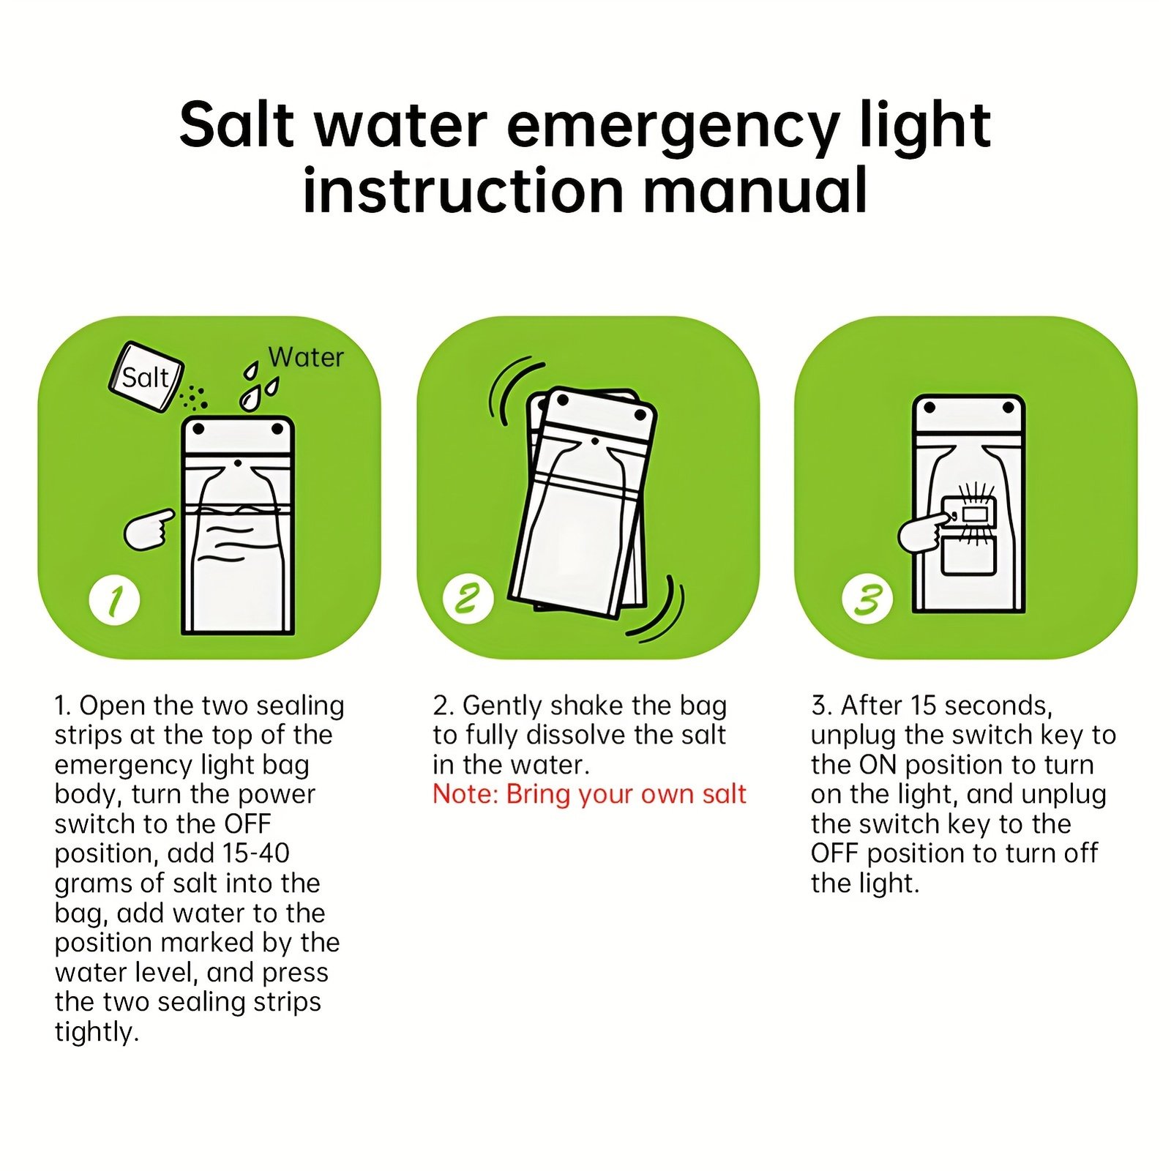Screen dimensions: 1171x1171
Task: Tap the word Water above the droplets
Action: tap(306, 357)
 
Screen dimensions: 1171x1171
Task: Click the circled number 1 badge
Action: tap(114, 601)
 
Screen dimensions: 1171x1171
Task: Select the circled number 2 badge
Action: tap(468, 599)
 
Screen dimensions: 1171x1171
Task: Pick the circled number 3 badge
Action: tap(867, 599)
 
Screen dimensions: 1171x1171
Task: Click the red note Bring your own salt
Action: tap(589, 794)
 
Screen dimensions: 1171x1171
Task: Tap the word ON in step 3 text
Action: tap(878, 765)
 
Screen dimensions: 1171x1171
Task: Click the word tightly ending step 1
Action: tap(97, 1032)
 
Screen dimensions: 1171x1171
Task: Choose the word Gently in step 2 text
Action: tap(502, 706)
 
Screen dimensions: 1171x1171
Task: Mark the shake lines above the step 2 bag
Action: tap(512, 389)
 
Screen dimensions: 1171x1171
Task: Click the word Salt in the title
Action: tap(236, 124)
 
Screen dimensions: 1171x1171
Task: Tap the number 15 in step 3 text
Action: tap(924, 706)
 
